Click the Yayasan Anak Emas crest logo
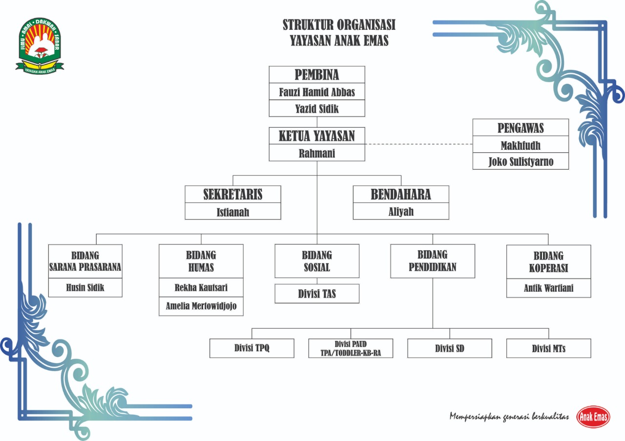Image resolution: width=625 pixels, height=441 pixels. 41,45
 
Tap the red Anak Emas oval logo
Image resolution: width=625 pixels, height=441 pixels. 593,417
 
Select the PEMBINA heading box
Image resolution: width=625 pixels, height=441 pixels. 317,75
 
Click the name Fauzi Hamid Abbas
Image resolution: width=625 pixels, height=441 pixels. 317,92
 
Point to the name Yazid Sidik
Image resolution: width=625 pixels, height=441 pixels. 317,109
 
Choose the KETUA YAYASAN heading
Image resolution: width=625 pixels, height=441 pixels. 317,136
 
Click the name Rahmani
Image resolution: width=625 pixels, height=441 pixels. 317,153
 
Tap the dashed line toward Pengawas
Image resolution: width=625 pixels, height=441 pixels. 419,144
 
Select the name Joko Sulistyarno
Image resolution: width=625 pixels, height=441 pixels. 521,161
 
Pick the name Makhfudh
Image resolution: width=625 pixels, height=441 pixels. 521,145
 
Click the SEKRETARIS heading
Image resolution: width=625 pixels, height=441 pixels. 233,194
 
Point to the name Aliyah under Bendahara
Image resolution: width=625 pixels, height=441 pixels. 401,212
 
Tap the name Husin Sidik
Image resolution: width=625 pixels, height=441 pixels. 85,288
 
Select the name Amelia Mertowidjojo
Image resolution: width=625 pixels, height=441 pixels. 201,306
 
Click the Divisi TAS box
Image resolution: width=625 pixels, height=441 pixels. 317,294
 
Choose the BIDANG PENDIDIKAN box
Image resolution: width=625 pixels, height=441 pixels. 433,261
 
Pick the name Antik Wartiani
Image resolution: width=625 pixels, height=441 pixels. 548,288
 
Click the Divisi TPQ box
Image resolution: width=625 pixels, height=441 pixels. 252,348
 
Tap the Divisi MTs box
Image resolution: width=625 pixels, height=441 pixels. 548,348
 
